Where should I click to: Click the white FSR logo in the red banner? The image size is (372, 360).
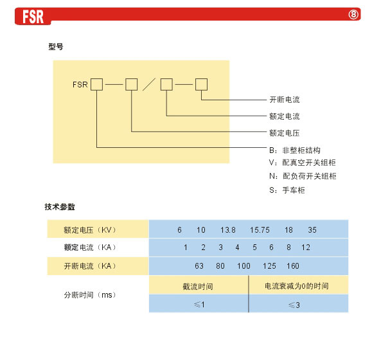[x=33, y=16]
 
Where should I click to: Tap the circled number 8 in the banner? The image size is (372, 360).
[x=353, y=15]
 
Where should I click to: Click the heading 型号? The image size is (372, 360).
[x=56, y=46]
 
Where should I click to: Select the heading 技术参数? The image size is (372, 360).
[x=60, y=207]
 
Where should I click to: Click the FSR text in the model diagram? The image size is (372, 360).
[x=80, y=84]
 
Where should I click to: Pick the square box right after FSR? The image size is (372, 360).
[x=97, y=84]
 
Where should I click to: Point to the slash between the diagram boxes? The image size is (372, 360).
[x=149, y=84]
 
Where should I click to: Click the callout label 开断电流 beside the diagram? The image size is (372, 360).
[x=285, y=100]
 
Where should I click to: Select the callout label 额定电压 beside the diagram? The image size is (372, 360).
[x=284, y=133]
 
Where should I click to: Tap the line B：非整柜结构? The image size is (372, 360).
[x=295, y=150]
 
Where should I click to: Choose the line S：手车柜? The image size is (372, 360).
[x=287, y=190]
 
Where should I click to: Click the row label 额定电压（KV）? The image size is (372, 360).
[x=90, y=230]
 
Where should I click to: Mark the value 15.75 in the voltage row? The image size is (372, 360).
[x=260, y=230]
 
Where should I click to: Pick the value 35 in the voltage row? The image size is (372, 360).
[x=312, y=230]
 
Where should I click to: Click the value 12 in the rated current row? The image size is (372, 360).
[x=306, y=248]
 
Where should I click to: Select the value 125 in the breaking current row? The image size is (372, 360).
[x=269, y=265]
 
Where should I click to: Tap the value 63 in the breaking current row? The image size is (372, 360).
[x=199, y=265]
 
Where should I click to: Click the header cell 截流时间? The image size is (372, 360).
[x=198, y=287]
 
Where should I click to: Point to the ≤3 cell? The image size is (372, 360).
[x=294, y=305]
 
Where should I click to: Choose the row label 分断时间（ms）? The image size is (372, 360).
[x=90, y=295]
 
